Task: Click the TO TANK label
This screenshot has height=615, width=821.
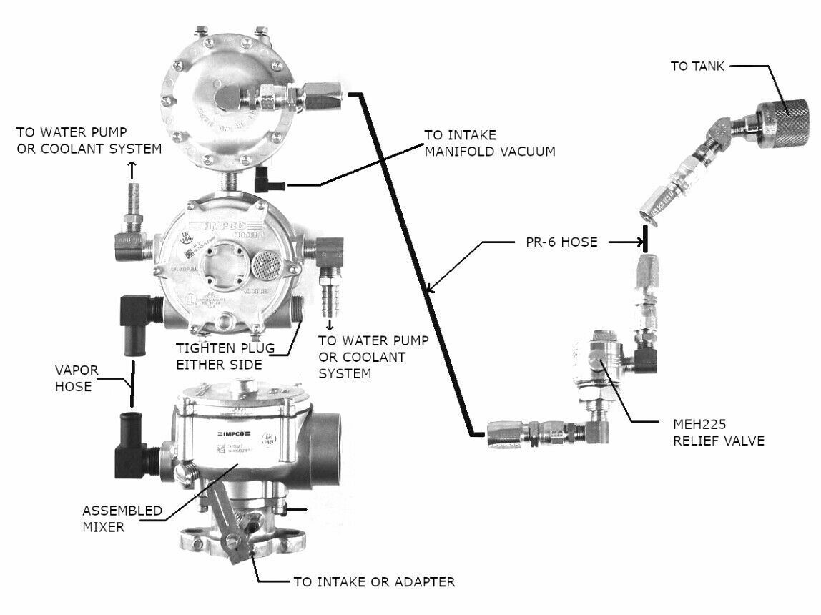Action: [x=697, y=67]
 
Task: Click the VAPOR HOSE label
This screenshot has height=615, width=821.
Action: [x=73, y=378]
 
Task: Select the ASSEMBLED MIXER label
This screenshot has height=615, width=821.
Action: [x=112, y=519]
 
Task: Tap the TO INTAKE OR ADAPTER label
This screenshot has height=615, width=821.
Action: [x=374, y=582]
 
